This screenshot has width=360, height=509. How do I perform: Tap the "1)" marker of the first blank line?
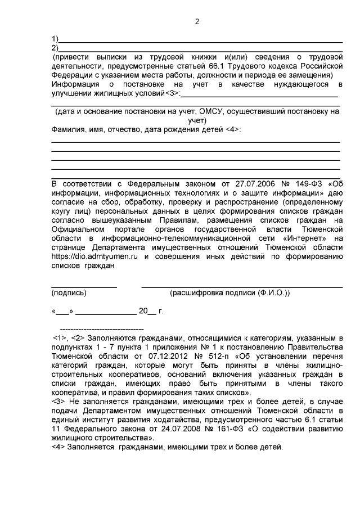(x=55, y=39)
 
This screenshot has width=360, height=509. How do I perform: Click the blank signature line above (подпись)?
(x=84, y=287)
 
